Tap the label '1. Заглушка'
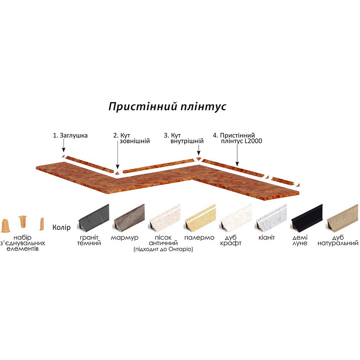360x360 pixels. tap(70, 136)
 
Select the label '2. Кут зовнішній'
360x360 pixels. tap(131, 138)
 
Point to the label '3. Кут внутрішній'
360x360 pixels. tap(184, 138)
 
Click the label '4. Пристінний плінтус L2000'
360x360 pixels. tap(237, 138)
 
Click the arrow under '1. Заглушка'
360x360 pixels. tap(63, 146)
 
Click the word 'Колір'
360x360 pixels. tap(61, 228)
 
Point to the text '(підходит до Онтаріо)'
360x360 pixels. tap(163, 249)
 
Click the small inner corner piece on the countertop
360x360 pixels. tap(198, 159)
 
